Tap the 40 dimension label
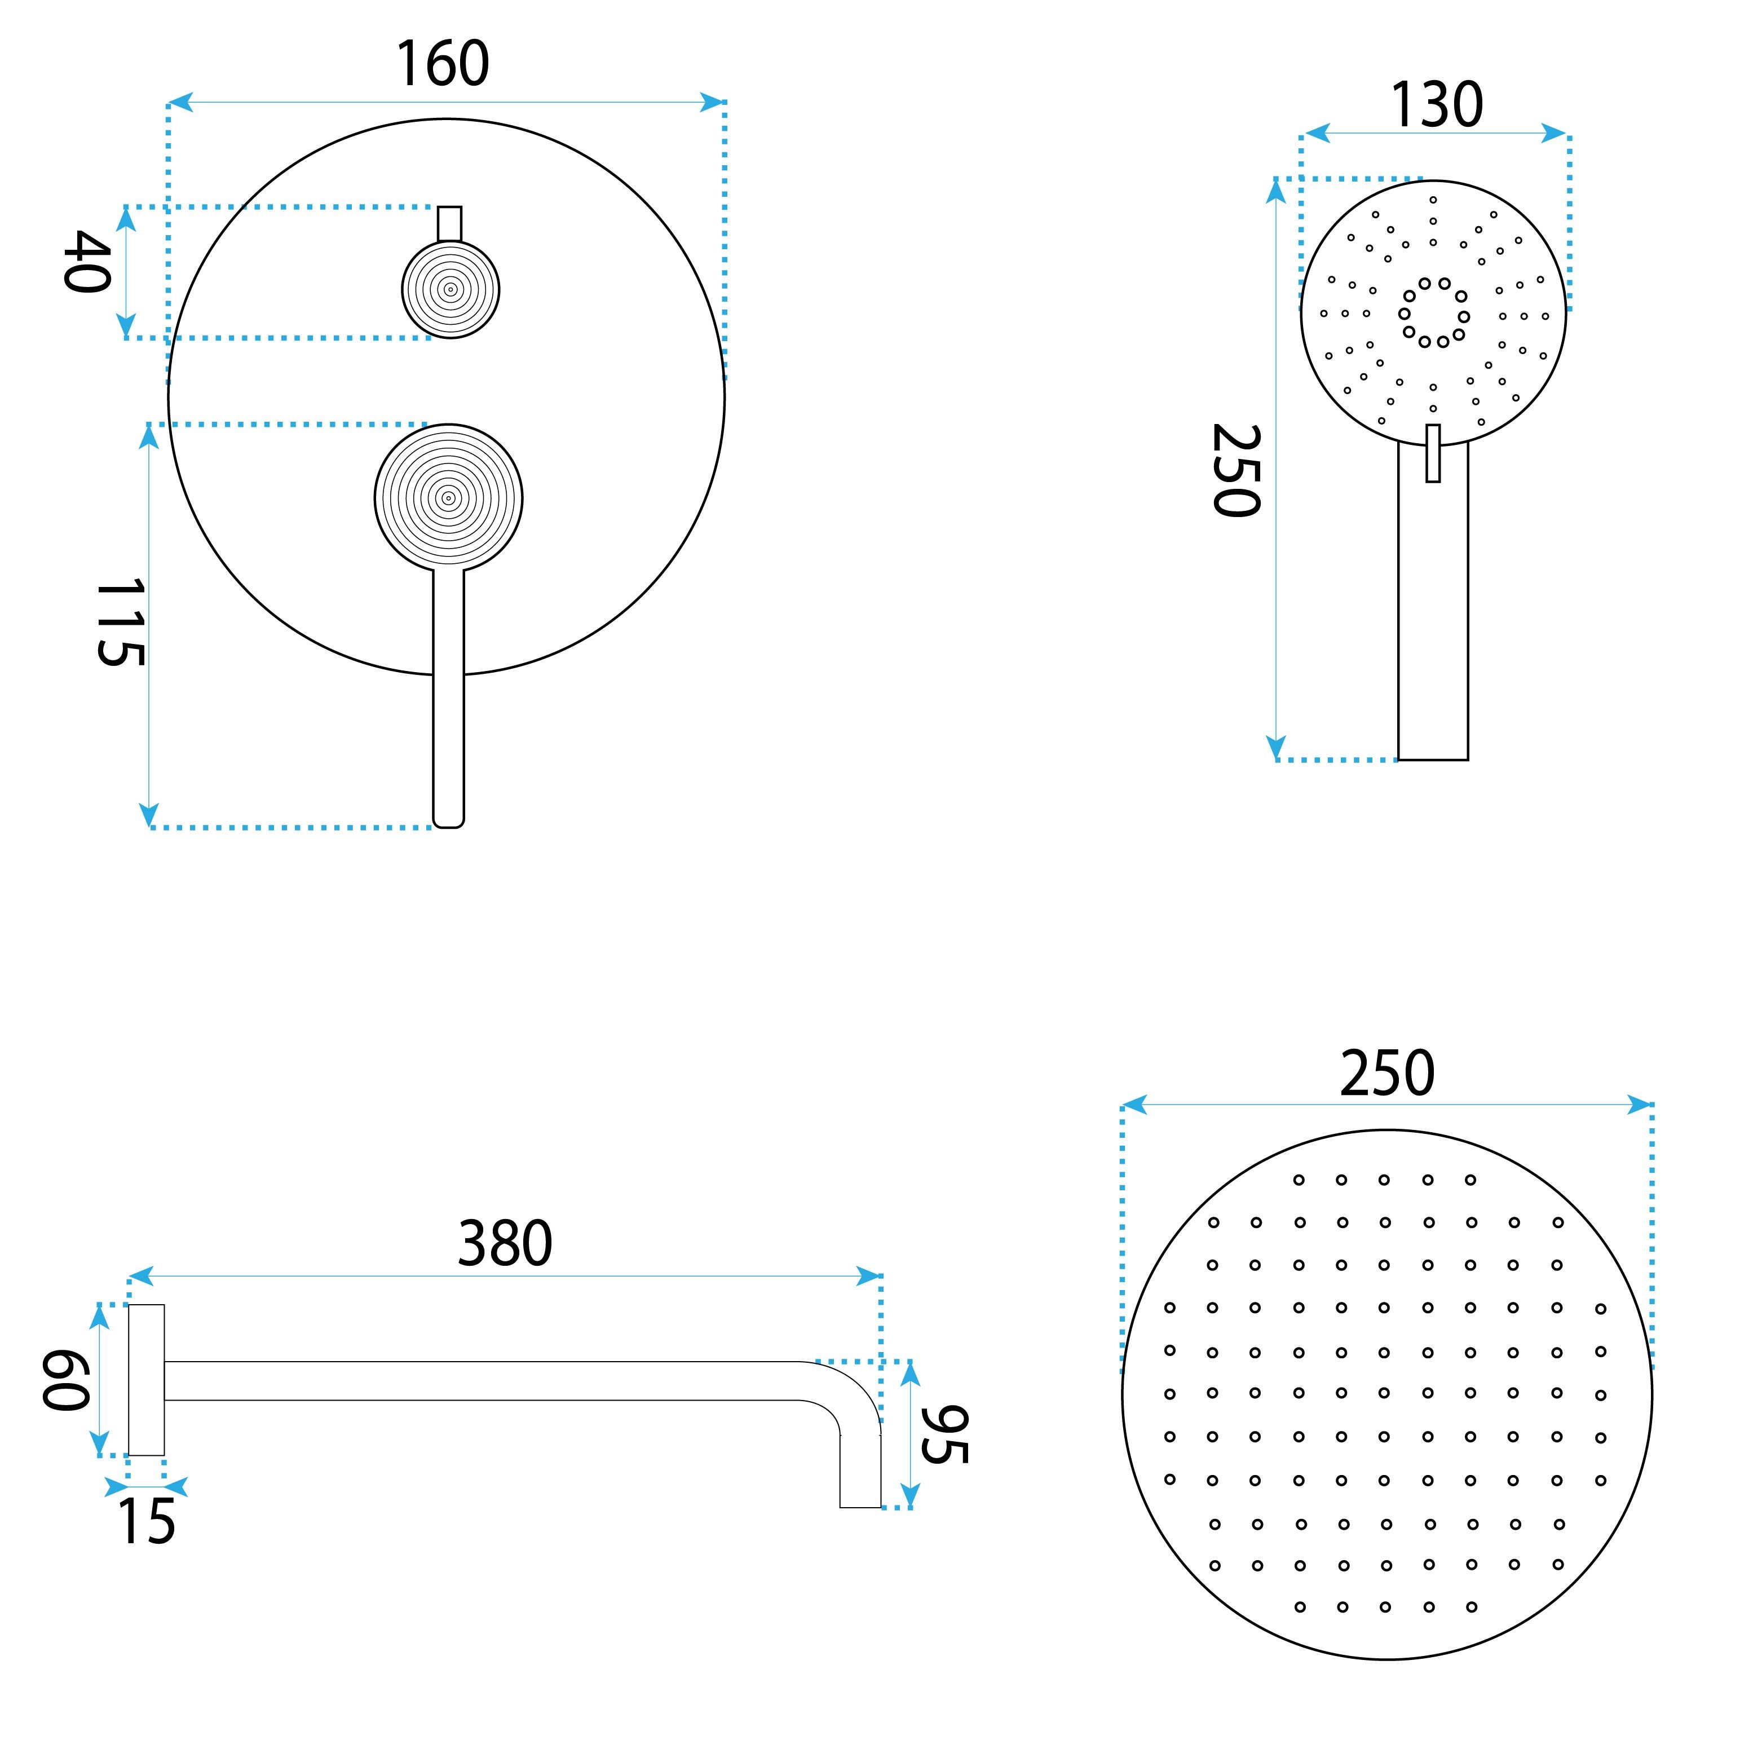pos(87,262)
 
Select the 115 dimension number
pos(121,622)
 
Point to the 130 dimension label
pos(1437,105)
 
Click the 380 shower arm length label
pos(505,1243)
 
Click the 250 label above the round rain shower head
pos(1387,1074)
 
